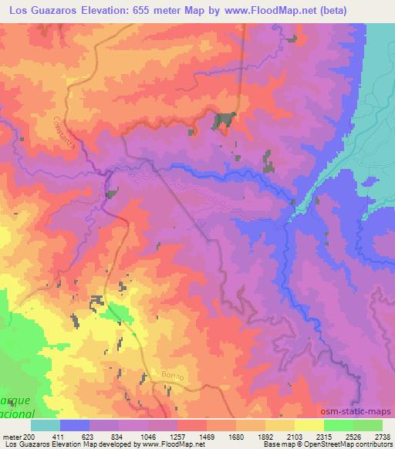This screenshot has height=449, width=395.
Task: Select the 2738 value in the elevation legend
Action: click(382, 436)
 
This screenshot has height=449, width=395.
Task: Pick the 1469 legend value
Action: click(206, 436)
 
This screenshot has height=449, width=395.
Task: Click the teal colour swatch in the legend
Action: click(46, 425)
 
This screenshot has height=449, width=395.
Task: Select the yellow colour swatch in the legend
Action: click(309, 425)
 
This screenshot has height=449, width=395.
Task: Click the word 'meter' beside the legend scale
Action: click(11, 436)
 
